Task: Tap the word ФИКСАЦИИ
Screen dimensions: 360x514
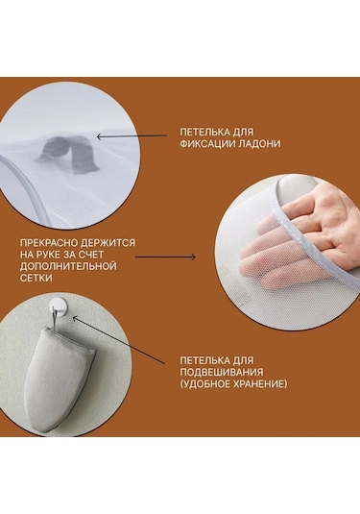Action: pyautogui.click(x=205, y=144)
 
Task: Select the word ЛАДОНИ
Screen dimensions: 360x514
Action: pyautogui.click(x=257, y=144)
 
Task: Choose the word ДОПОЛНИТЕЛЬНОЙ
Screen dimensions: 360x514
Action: pyautogui.click(x=68, y=266)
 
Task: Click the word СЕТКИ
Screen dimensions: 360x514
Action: pyautogui.click(x=36, y=278)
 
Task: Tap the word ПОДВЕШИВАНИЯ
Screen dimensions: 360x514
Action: pyautogui.click(x=222, y=372)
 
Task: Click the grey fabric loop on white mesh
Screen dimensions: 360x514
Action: pyautogui.click(x=68, y=153)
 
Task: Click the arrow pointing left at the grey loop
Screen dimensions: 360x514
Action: pyautogui.click(x=132, y=136)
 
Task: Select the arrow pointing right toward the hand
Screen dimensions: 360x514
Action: pyautogui.click(x=165, y=257)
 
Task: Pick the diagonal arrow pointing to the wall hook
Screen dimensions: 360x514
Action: pyautogui.click(x=118, y=340)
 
